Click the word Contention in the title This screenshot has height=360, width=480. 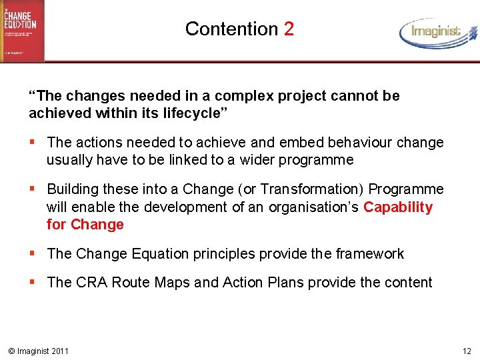(231, 29)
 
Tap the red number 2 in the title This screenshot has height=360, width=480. (288, 29)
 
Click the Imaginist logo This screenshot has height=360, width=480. (438, 32)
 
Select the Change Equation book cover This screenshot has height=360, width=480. (22, 31)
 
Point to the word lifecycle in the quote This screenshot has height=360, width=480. (192, 113)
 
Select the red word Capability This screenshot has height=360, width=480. (398, 207)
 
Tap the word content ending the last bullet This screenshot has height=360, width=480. (407, 283)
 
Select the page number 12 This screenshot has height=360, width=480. (466, 351)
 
